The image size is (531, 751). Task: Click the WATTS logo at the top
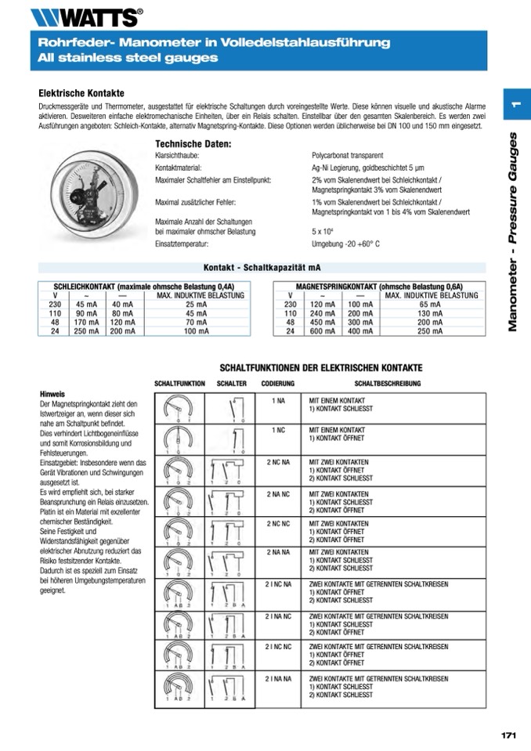click(86, 16)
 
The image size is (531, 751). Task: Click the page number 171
click(508, 735)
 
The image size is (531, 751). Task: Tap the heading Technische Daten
click(193, 144)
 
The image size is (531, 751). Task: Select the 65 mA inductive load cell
click(430, 304)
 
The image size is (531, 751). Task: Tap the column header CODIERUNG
click(278, 384)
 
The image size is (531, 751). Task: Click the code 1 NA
click(278, 400)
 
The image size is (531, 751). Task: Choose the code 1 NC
click(278, 430)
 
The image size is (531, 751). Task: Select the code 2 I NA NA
click(278, 678)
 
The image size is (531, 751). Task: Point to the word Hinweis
click(52, 394)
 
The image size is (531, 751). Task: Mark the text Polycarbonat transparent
click(347, 156)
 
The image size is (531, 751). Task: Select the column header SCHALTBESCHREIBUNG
click(387, 384)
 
